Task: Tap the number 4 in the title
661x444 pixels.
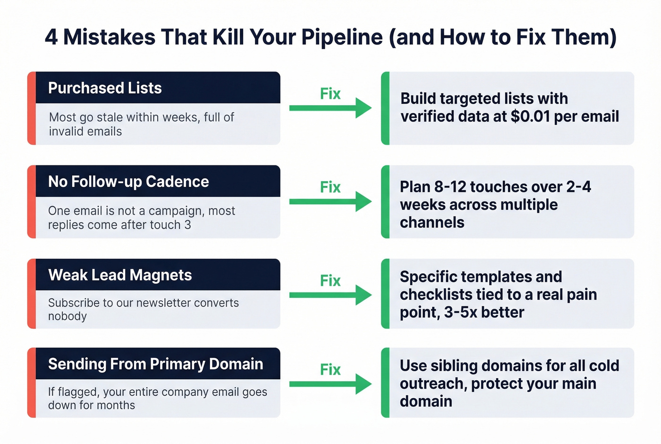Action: click(51, 37)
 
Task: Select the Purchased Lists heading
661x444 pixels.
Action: click(105, 88)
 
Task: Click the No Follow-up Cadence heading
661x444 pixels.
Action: click(128, 182)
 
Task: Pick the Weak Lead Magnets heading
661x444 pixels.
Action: click(120, 275)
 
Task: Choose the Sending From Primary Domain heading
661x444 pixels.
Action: click(155, 364)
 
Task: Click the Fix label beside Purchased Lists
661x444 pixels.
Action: click(330, 94)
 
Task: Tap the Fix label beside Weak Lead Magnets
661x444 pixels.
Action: click(330, 281)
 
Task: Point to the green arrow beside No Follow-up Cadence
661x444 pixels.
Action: click(330, 202)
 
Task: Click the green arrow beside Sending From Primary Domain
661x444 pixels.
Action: click(330, 384)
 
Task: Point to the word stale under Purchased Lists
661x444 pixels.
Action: click(108, 117)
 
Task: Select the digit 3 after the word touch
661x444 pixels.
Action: click(187, 225)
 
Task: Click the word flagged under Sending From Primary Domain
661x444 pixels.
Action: click(77, 392)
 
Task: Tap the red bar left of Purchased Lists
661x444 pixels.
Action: click(32, 108)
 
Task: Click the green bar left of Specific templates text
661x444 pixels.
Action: click(385, 294)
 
